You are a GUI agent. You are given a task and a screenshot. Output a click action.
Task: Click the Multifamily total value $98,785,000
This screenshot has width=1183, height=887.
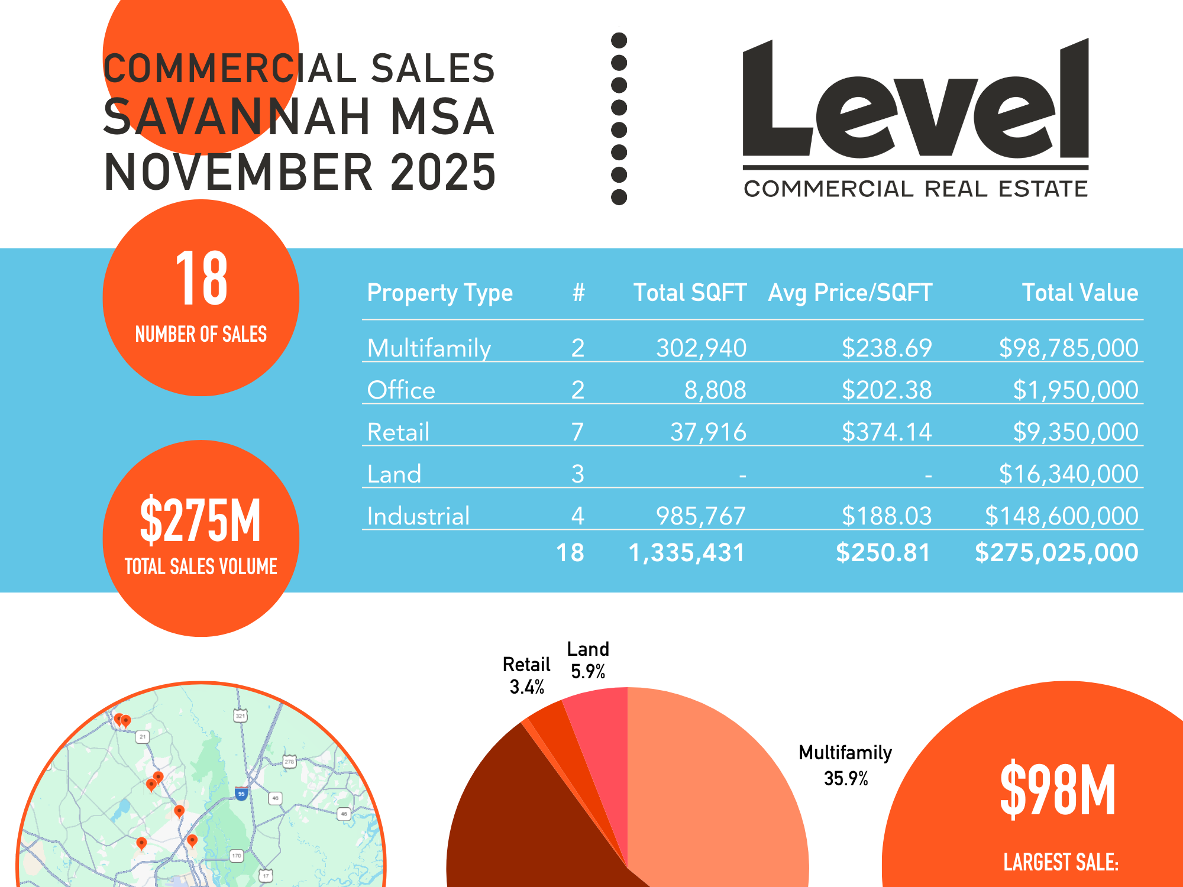point(1068,348)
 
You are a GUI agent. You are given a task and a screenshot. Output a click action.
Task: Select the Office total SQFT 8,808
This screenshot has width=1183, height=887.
point(715,390)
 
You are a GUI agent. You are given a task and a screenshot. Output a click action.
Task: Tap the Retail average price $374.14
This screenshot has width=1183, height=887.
point(886,432)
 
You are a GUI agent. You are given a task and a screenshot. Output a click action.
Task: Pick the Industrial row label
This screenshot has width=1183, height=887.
point(418,516)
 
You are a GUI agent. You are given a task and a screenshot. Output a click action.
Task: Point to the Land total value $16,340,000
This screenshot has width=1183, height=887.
point(1068,474)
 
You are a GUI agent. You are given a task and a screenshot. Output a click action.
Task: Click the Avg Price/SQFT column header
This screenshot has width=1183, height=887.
point(850,293)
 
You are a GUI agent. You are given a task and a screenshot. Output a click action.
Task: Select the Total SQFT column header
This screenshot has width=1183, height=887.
point(690,293)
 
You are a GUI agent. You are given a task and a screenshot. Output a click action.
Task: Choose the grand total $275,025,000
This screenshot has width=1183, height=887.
point(1056,553)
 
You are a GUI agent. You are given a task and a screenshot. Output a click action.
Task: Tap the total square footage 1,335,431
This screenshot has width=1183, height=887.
point(686,553)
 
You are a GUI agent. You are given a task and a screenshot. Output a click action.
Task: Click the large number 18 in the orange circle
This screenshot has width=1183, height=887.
point(201,278)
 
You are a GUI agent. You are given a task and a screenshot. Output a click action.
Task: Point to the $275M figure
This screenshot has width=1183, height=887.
point(201,520)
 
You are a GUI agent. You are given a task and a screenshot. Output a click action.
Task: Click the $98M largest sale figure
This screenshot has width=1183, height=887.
point(1058,789)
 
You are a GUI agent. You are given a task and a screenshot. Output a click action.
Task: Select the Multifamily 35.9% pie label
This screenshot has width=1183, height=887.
point(845,765)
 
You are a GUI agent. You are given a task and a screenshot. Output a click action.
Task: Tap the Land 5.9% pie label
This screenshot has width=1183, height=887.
point(588,660)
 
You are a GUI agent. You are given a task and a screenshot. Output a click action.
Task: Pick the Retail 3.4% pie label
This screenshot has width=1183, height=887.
point(526,675)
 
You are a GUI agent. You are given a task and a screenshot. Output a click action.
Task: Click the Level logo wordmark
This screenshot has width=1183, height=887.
point(915,101)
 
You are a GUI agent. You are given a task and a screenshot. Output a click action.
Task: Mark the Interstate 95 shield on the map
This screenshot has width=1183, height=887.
point(241,794)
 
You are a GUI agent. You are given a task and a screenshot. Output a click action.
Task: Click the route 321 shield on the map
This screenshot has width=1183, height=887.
point(240,716)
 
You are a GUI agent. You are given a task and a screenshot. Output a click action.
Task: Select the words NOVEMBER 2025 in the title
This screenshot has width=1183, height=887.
point(300,172)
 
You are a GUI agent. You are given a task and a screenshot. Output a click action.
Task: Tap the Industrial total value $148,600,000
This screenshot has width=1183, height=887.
point(1061,516)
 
